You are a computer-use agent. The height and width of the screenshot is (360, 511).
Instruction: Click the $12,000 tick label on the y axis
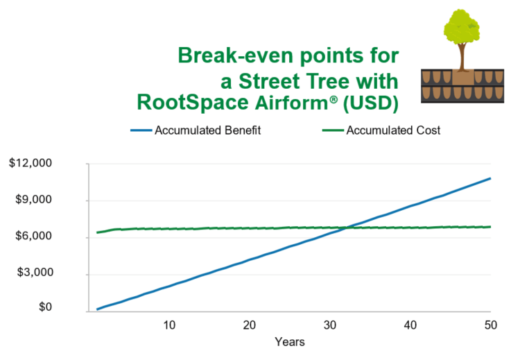(31, 163)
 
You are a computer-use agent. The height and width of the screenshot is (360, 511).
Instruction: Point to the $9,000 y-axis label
(33, 199)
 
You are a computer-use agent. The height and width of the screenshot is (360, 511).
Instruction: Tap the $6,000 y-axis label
(33, 236)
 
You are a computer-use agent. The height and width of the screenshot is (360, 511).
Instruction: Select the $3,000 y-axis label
(35, 272)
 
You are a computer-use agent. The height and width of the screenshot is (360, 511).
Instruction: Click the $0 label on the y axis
(45, 307)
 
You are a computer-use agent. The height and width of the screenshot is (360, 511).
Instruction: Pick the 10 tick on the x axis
(169, 325)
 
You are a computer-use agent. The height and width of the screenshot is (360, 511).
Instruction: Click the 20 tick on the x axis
(250, 325)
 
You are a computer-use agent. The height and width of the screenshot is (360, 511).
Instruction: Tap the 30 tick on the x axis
(330, 325)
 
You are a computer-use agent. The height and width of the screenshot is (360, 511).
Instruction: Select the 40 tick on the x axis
(410, 325)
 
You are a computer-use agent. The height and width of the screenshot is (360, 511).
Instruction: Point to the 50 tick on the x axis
(490, 325)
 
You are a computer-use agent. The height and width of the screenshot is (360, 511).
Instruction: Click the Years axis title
(290, 342)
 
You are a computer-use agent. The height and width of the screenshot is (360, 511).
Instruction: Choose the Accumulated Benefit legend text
(207, 130)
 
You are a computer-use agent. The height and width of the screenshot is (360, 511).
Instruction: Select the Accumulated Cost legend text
(393, 130)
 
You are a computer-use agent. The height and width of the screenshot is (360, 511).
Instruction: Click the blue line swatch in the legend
(141, 130)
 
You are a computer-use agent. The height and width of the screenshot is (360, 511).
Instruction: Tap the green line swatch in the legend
(333, 130)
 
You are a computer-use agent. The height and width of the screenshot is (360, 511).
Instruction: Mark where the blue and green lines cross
(347, 228)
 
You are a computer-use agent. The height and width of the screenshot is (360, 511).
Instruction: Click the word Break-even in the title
(236, 55)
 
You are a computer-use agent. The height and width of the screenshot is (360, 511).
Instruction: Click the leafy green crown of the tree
(462, 27)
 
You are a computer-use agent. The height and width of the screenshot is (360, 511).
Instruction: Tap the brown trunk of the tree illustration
(462, 58)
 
